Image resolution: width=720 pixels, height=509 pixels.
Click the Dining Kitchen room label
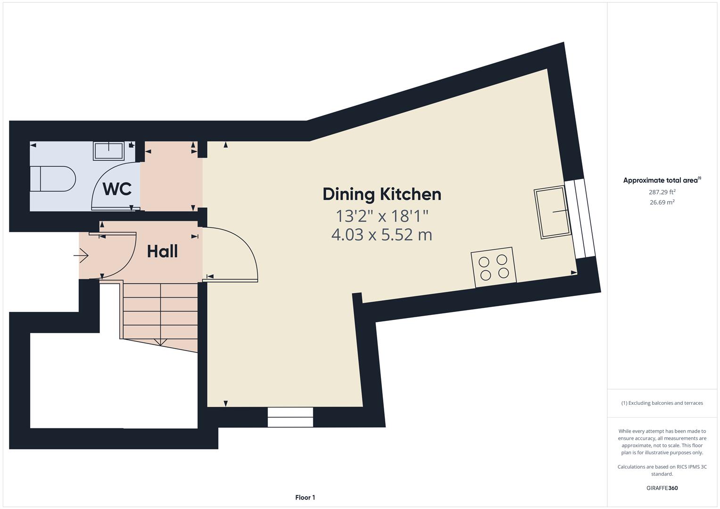381,194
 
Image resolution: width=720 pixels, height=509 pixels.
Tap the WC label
117,189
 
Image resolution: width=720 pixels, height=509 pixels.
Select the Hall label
162,251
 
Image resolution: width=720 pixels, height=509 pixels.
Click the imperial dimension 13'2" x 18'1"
381,216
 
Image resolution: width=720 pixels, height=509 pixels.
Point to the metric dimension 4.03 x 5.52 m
381,234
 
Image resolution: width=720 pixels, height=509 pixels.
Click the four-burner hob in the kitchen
493,267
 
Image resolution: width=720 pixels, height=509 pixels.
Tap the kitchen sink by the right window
552,212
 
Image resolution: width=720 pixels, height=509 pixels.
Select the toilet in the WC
52,179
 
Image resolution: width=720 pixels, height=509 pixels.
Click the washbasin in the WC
108,151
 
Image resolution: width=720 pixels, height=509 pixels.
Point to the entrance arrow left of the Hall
81,256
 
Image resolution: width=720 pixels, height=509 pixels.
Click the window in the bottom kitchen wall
290,417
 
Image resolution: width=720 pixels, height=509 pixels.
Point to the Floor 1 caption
305,497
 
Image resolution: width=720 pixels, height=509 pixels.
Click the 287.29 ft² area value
662,192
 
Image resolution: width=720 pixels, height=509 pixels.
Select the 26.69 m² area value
662,202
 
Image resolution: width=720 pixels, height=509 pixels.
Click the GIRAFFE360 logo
662,488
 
